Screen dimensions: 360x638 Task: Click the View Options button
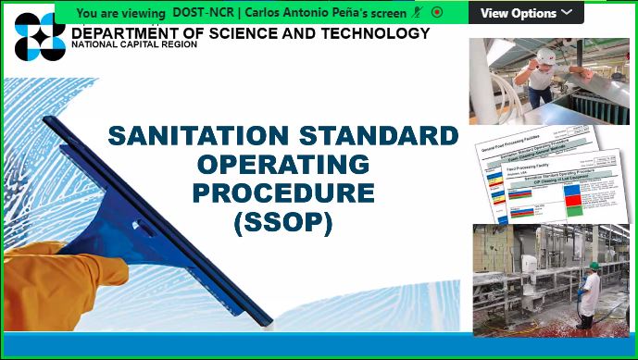(x=525, y=13)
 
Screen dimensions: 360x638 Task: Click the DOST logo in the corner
(x=41, y=38)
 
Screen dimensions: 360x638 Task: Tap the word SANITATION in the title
(x=196, y=136)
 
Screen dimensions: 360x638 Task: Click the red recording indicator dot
(x=436, y=13)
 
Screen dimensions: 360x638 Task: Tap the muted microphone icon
(x=418, y=13)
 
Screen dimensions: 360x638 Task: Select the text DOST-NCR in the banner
(x=203, y=13)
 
